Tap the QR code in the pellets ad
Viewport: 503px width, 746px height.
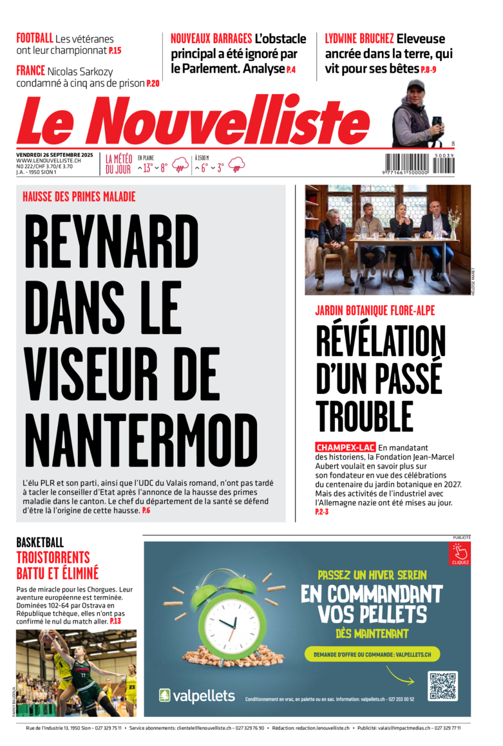tap(442, 685)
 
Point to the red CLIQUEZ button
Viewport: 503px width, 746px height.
tap(460, 553)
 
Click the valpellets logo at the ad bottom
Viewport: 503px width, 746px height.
tap(197, 695)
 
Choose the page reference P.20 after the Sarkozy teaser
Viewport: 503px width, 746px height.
tap(153, 84)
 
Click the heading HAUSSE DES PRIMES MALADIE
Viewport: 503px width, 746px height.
tap(79, 197)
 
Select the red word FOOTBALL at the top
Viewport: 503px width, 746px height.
tap(35, 38)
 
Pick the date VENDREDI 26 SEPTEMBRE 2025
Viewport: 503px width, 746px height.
tap(55, 154)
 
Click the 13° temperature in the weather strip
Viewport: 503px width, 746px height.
tap(147, 168)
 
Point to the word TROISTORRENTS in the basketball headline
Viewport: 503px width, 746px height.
tap(53, 557)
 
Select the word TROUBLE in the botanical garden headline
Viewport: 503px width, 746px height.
tap(365, 416)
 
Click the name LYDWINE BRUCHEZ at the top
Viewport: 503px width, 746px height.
tap(359, 39)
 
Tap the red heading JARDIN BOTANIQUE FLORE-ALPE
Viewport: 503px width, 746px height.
tap(375, 310)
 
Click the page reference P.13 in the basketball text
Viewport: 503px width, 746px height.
tap(115, 621)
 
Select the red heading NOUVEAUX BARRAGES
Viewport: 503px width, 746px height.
tap(211, 39)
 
